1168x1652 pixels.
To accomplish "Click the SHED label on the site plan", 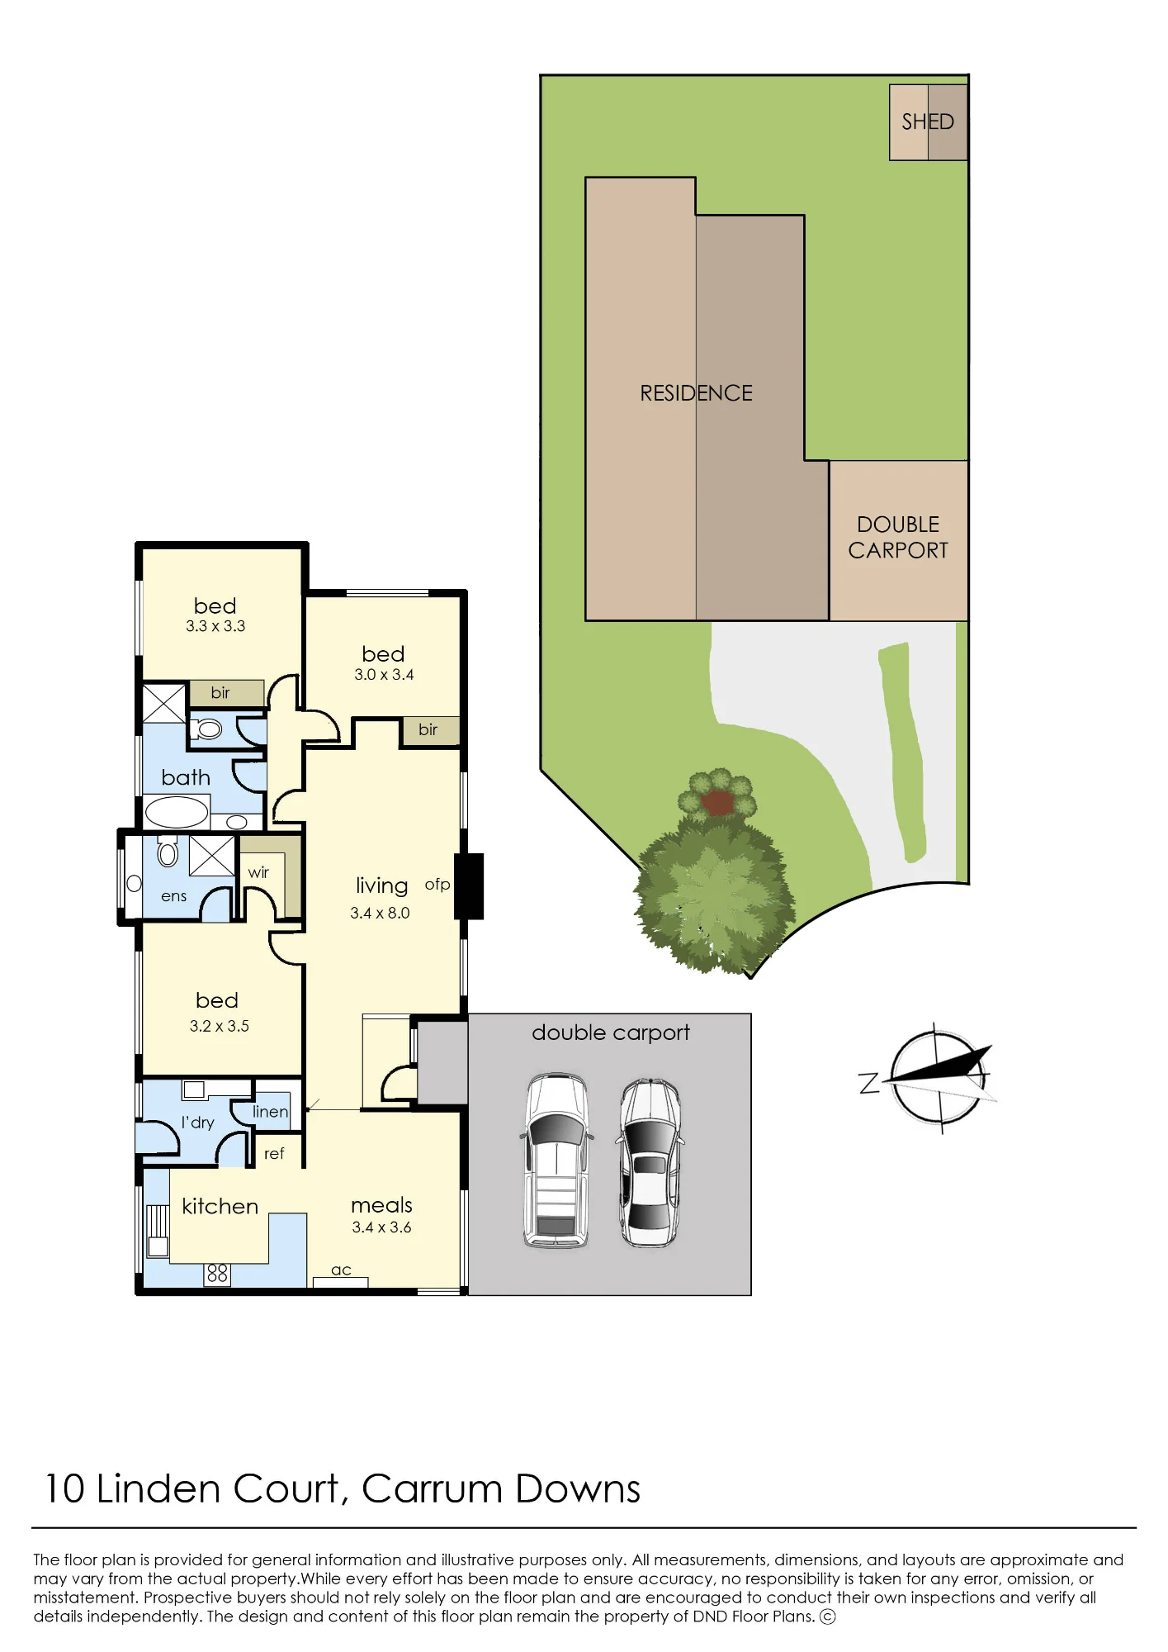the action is pos(927,122).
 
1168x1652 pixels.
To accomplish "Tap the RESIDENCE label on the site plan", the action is pos(696,393).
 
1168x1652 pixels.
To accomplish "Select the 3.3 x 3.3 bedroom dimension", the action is pos(215,626).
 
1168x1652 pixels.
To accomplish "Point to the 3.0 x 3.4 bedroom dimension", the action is pos(384,674).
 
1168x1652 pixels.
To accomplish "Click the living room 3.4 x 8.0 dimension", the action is pos(380,913).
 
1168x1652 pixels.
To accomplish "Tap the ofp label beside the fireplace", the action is pos(437,885).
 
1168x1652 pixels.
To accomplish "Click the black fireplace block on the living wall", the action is pos(469,886).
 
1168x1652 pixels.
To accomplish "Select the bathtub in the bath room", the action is pos(177,812).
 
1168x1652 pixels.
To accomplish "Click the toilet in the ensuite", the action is pos(168,851).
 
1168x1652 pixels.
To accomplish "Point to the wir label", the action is pos(258,872).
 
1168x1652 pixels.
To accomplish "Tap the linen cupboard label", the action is pos(270,1112).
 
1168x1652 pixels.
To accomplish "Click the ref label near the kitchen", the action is pos(274,1153).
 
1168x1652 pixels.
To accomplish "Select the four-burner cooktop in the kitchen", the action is pos(217,1274).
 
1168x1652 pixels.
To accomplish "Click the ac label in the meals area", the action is pos(341,1270).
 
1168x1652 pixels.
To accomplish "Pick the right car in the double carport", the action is pos(650,1161).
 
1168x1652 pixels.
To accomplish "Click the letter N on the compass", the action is pos(869,1083).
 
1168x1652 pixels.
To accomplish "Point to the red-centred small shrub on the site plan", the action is pos(718,795).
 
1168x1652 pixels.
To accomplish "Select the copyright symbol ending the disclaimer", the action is pos(827,1616).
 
